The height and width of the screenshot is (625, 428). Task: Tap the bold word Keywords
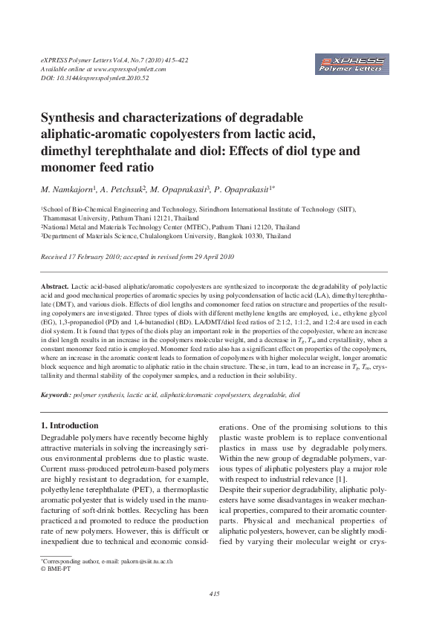click(56, 396)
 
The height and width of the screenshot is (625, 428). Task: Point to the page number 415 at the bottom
click(214, 593)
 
